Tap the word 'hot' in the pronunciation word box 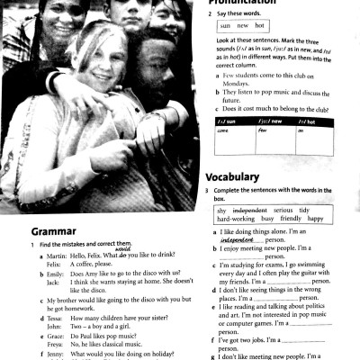coord(261,27)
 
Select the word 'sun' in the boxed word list coord(225,27)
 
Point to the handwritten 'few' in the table coord(264,130)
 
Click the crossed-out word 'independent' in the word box coord(252,209)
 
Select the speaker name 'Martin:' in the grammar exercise coord(57,256)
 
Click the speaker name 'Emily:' coord(56,273)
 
